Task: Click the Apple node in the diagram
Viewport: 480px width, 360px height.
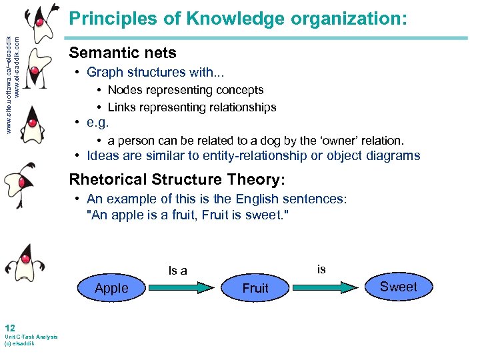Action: coord(111,288)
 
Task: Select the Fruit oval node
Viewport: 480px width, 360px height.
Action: coord(255,288)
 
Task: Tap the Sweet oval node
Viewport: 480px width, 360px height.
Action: coord(398,287)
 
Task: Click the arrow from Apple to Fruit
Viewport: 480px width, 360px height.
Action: coord(183,288)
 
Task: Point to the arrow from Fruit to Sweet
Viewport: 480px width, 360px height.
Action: coord(327,287)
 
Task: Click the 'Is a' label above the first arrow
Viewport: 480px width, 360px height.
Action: coord(178,270)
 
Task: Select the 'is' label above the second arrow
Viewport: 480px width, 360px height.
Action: coord(321,269)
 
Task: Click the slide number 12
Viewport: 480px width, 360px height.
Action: coord(9,327)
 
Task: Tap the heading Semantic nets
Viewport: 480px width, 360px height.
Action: coord(123,52)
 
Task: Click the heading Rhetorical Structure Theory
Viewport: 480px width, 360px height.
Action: coord(177,179)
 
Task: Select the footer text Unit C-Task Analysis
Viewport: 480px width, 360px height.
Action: coord(31,337)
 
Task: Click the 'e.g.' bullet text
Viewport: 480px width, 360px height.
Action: coord(97,123)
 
